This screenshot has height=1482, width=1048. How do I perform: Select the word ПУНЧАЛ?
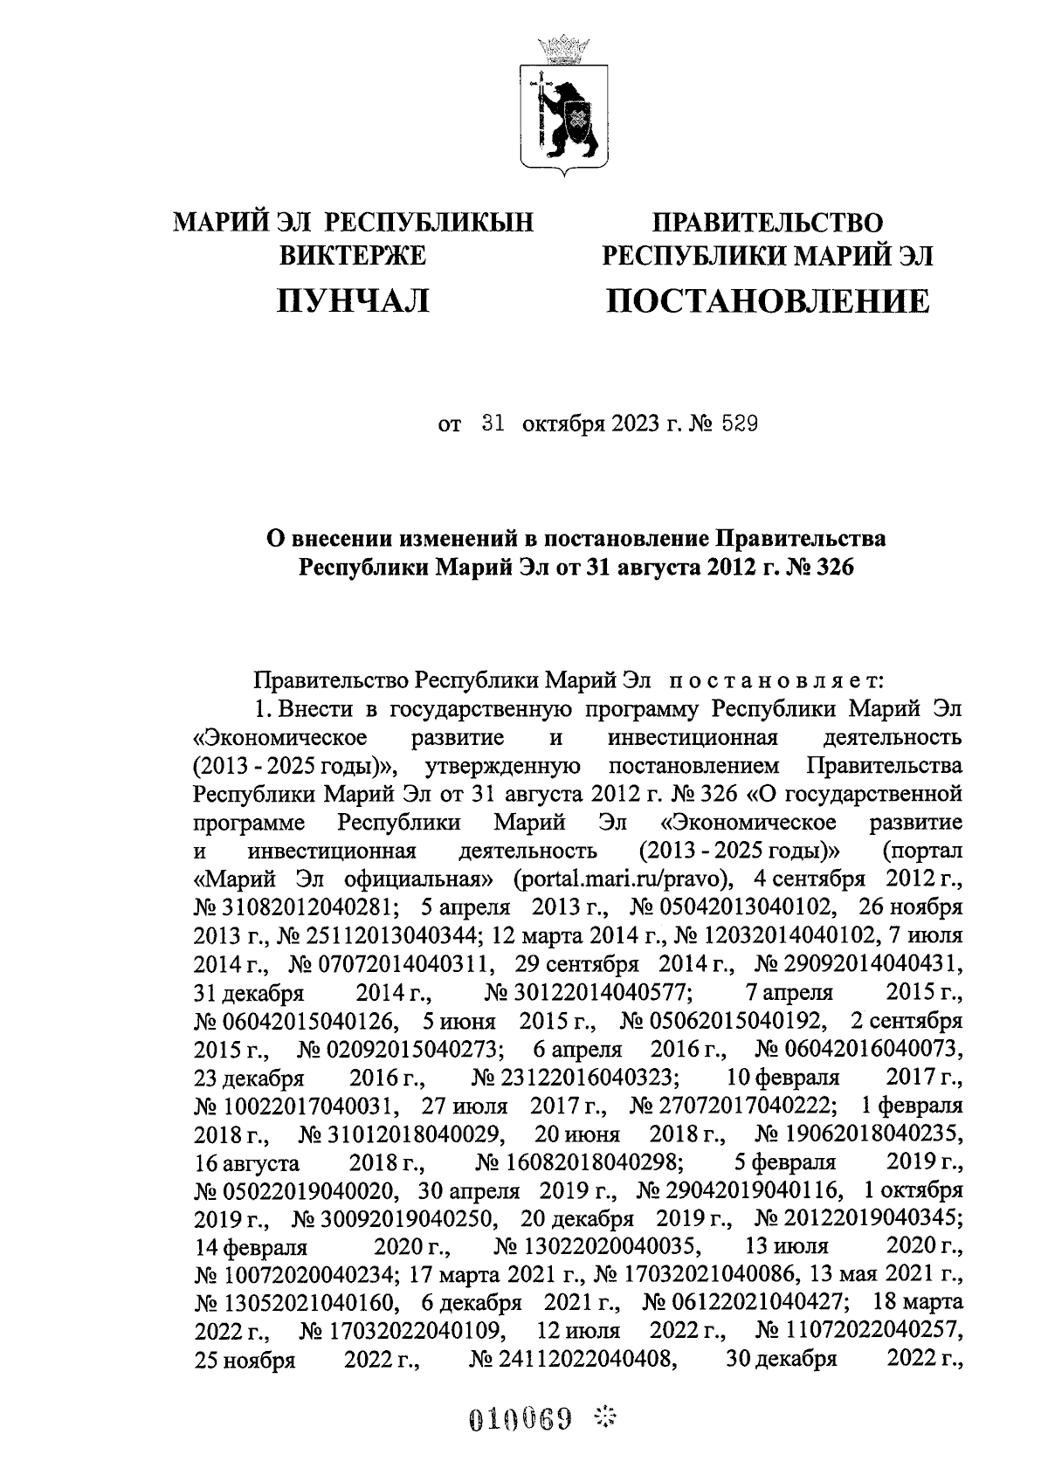pos(353,301)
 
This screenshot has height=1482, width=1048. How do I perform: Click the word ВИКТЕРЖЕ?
pos(353,256)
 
